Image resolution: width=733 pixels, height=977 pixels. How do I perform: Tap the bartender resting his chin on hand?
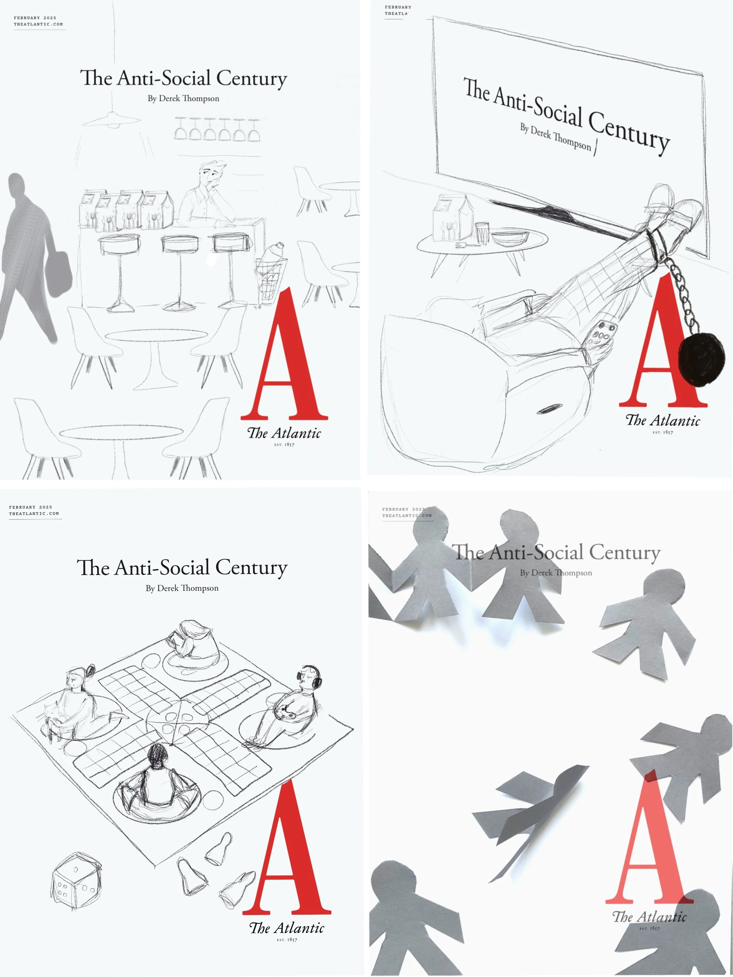(x=207, y=194)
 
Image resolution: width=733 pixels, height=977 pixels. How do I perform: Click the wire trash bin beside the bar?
(x=270, y=278)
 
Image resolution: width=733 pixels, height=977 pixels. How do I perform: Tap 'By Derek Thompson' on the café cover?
(x=184, y=98)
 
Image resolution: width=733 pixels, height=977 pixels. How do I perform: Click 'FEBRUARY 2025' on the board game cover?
(x=30, y=507)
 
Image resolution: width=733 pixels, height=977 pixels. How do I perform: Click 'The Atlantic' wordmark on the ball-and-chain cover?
(x=663, y=421)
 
